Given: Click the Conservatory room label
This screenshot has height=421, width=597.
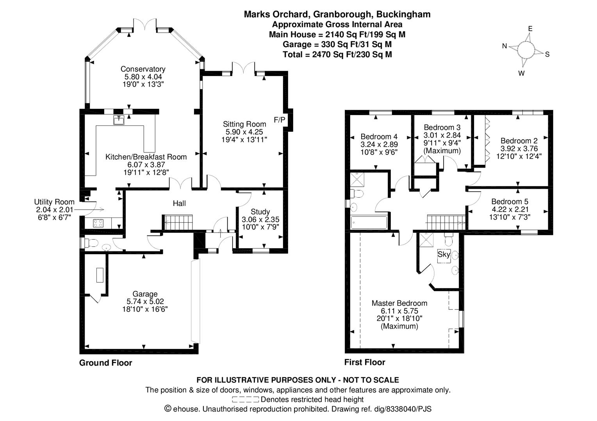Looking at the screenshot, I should (143, 69).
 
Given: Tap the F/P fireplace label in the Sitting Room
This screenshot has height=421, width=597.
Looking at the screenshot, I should (279, 120).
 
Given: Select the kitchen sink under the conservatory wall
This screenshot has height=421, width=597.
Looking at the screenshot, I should (119, 120).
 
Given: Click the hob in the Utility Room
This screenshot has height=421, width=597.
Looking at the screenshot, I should (98, 223).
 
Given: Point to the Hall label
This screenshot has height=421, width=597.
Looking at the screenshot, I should (179, 203).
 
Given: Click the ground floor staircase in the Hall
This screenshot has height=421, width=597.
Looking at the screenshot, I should (178, 222).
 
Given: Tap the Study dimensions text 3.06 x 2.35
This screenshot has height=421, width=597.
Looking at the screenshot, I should (260, 219).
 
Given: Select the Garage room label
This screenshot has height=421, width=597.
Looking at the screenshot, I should (145, 294).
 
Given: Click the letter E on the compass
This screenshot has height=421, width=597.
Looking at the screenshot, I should (530, 29).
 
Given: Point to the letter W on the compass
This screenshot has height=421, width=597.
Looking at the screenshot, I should (521, 73).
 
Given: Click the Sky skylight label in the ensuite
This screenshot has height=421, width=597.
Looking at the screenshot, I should (444, 255).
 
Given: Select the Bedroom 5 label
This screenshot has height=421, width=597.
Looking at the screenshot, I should (510, 202).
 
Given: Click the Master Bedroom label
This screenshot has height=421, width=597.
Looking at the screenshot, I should (399, 303).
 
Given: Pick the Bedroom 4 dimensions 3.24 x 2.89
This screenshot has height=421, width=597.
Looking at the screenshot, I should (379, 144).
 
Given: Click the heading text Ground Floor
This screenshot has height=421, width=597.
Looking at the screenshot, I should (105, 363).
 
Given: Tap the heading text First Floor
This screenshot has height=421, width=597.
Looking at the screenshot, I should (364, 362).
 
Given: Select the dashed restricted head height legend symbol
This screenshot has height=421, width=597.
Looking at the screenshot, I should (245, 400).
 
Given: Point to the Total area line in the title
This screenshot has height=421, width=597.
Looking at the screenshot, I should (337, 54).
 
